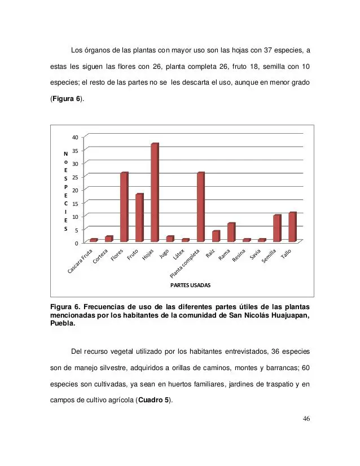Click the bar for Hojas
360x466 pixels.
click(x=154, y=192)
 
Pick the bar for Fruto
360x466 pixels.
click(x=139, y=218)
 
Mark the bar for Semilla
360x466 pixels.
click(x=276, y=228)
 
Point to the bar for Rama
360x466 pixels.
click(x=231, y=232)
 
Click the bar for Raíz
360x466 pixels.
click(x=215, y=236)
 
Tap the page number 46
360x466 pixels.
click(x=306, y=419)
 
